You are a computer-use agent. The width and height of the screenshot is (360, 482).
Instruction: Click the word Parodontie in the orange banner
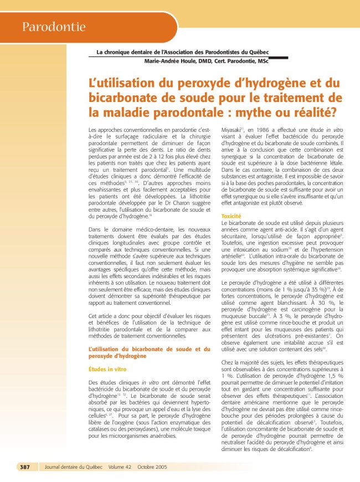(54, 27)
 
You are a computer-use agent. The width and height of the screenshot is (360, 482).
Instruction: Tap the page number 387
(25, 467)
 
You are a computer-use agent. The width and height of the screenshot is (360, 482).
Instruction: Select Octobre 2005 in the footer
(152, 467)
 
